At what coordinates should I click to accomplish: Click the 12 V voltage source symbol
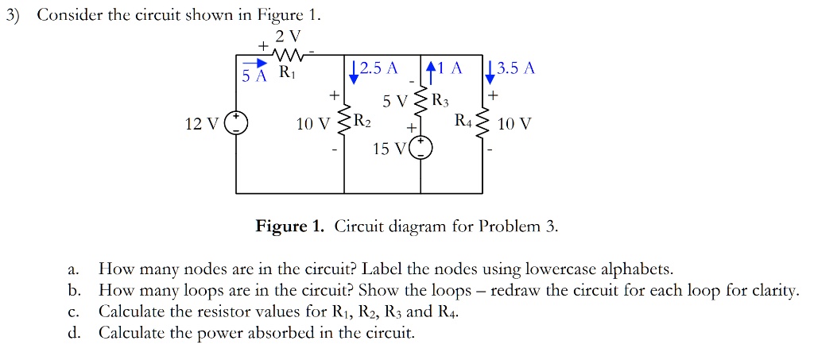point(236,125)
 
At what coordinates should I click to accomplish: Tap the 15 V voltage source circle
point(421,149)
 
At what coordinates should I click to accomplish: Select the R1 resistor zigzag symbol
point(283,54)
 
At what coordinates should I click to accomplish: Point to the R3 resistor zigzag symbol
point(421,102)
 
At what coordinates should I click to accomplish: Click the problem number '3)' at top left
point(11,15)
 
